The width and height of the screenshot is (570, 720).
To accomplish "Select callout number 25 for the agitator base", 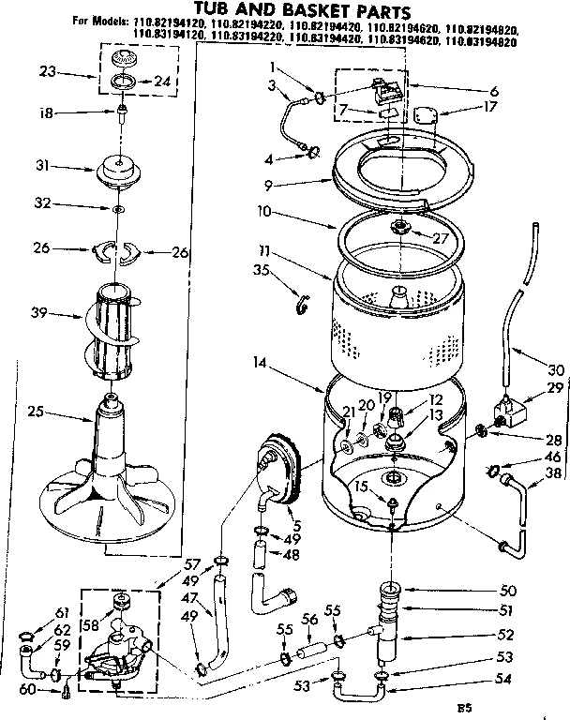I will point(35,410).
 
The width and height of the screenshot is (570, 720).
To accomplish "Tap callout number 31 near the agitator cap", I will point(40,167).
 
